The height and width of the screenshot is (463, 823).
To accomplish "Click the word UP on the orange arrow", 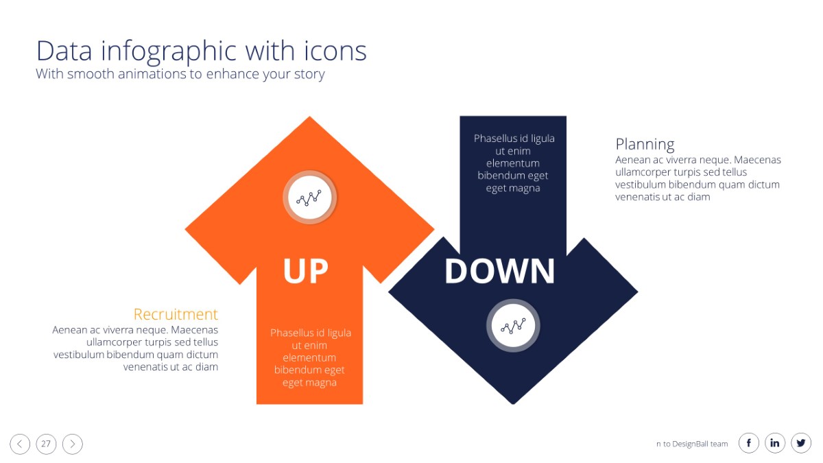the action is point(305,271).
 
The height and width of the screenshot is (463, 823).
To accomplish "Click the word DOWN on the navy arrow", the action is point(500,271).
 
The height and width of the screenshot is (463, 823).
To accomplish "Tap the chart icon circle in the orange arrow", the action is point(310,198).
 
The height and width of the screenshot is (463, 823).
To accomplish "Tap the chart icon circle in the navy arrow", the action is point(513,326).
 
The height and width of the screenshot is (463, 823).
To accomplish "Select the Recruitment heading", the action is point(176,314).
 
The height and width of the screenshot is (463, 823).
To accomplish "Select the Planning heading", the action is point(645,145).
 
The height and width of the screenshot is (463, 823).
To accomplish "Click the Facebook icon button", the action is point(749,443).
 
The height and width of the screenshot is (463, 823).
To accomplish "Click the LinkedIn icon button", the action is point(775,443).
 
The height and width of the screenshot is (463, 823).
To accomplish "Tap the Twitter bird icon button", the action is point(801,443).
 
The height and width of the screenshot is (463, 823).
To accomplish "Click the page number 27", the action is point(46,444).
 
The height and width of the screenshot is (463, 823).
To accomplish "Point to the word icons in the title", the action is point(335,50).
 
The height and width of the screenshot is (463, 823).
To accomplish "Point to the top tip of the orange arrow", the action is point(310,117).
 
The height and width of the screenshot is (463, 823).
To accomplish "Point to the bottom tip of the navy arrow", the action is point(513,404).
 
